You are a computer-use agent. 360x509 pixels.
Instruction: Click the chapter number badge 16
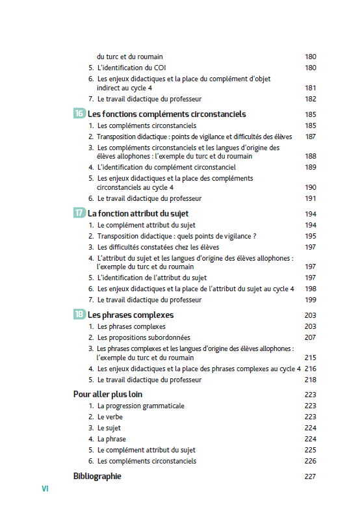[x=79, y=114]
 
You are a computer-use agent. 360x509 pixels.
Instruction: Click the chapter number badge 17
[x=79, y=213]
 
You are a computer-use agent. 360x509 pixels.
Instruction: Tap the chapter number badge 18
[x=79, y=315]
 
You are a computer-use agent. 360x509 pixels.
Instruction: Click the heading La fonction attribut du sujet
[x=138, y=213]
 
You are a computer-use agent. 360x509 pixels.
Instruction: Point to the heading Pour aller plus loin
[x=108, y=394]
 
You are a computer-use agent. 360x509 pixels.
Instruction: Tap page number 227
[x=310, y=476]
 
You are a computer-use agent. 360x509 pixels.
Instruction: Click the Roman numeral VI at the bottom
[x=45, y=488]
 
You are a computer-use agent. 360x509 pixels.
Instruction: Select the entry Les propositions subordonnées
[x=144, y=337]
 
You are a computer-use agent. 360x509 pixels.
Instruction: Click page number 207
[x=310, y=337]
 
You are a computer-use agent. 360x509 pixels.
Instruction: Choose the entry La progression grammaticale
[x=140, y=406]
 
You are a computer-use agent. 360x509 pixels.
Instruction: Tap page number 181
[x=310, y=88]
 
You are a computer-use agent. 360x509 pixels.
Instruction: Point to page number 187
[x=310, y=137]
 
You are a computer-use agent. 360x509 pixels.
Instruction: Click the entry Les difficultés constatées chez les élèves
[x=158, y=247]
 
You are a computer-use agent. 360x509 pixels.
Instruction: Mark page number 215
[x=310, y=358]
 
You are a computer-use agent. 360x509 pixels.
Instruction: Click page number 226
[x=310, y=461]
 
